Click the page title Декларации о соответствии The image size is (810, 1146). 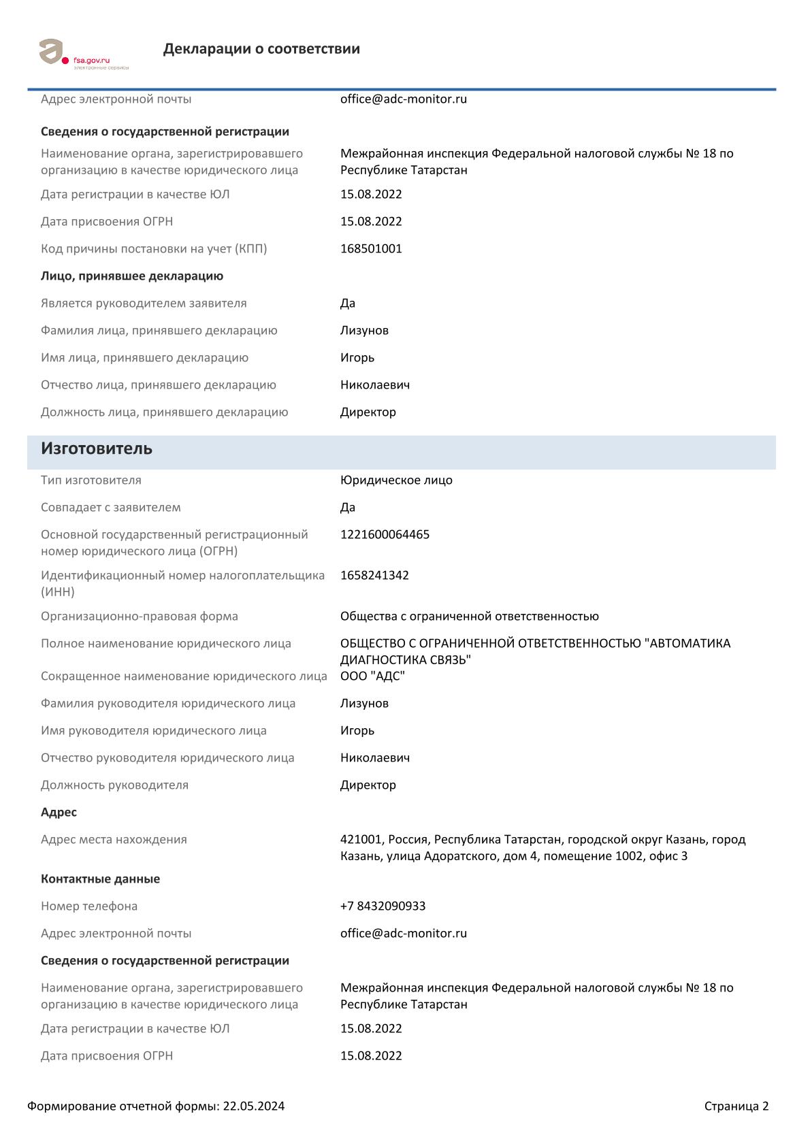point(261,49)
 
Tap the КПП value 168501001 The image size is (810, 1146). point(371,248)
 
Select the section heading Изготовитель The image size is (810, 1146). point(97,449)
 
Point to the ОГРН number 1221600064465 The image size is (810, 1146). point(385,534)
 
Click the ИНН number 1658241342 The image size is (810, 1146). point(374,575)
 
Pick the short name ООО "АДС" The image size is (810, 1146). point(372,676)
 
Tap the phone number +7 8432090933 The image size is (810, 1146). point(383,906)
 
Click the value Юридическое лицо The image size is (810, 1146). point(396,480)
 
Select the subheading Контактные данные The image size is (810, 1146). point(100,879)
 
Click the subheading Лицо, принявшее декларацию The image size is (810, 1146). point(132,276)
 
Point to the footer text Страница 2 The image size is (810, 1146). point(736,1106)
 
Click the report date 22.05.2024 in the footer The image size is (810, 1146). point(254,1106)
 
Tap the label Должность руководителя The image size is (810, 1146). point(114,785)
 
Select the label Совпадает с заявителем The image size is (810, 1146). point(111,507)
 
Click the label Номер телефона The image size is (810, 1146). point(89,906)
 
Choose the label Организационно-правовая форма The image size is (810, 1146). point(140,616)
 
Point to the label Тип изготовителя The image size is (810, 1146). point(91,480)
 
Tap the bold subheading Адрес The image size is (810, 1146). point(59,812)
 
